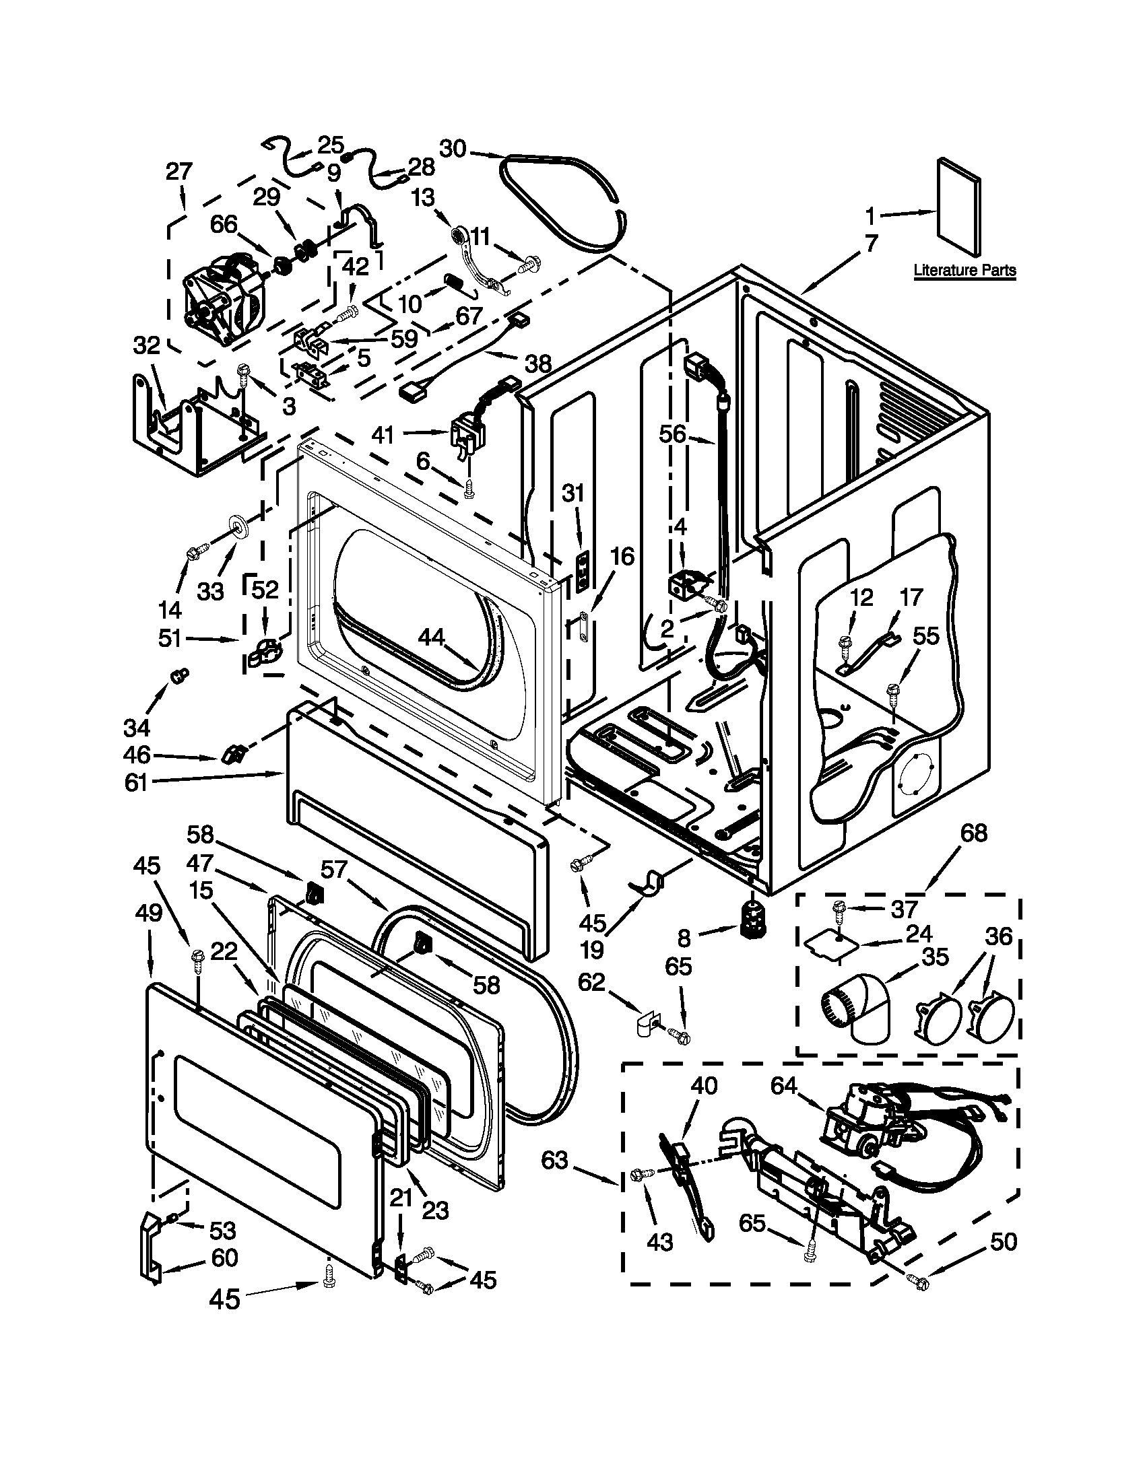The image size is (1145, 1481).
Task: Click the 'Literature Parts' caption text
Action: click(x=964, y=270)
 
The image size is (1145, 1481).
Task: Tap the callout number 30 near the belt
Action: click(x=453, y=149)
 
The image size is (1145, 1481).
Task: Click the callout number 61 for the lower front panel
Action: click(x=136, y=782)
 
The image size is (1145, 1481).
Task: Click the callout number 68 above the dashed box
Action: click(x=974, y=833)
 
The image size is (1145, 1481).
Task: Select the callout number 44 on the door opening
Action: click(x=432, y=636)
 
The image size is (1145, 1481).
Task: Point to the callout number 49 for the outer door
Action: click(x=149, y=914)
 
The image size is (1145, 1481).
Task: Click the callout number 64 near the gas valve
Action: click(x=784, y=1086)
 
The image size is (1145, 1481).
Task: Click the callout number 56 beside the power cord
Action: click(x=674, y=434)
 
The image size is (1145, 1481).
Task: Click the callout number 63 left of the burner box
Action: click(x=554, y=1161)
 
